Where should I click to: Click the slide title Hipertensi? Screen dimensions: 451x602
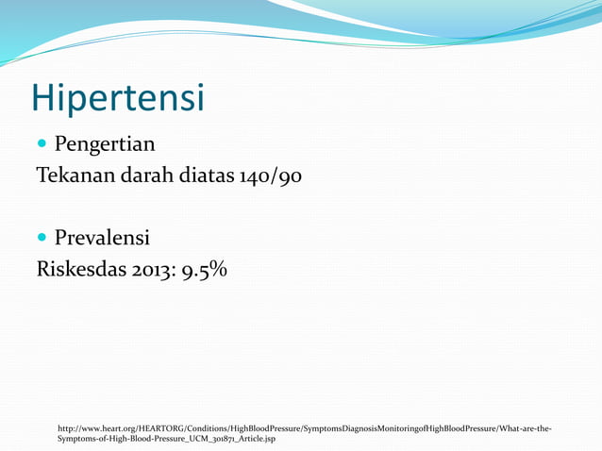pos(117,97)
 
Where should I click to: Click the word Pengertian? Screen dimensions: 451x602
pos(104,145)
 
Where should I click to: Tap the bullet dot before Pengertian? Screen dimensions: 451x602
pos(42,145)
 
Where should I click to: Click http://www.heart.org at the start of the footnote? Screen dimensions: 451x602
pos(96,428)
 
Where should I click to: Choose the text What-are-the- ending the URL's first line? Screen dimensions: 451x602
pos(525,428)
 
